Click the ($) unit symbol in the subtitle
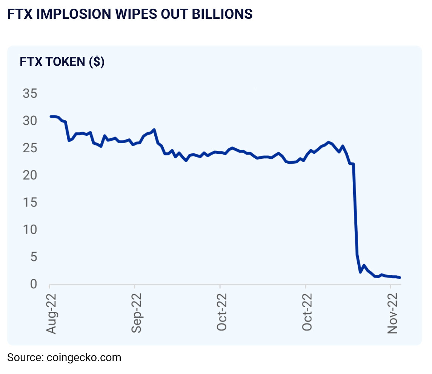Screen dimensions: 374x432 click(97, 61)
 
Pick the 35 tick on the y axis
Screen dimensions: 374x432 click(30, 93)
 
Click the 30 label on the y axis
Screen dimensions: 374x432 click(30, 121)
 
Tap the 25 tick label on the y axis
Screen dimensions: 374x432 click(30, 148)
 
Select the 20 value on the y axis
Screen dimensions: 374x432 click(30, 175)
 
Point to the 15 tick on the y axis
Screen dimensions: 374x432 click(30, 202)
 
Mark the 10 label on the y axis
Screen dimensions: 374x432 click(30, 230)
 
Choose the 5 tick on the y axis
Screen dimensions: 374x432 click(34, 257)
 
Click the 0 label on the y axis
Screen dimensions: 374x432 click(34, 284)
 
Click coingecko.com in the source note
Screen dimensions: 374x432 click(84, 357)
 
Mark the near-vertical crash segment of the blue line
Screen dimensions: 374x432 click(355, 211)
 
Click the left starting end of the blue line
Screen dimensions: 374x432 click(51, 116)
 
